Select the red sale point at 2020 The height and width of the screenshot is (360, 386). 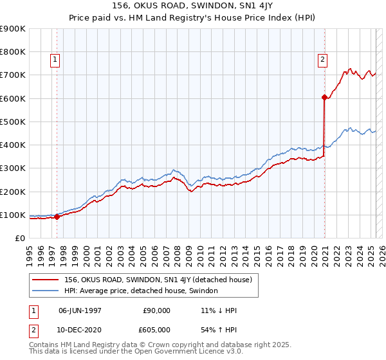point(324,98)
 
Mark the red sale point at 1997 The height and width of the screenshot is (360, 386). point(57,217)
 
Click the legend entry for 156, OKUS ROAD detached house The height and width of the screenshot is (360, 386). point(161,280)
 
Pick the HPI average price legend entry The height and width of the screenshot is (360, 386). point(141,291)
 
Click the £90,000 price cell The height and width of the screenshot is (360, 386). point(154,310)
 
